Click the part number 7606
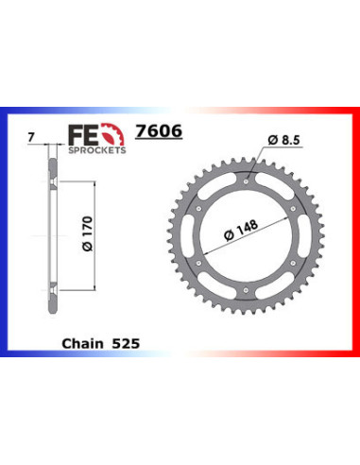pyautogui.click(x=159, y=130)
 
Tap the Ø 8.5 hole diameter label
pyautogui.click(x=283, y=140)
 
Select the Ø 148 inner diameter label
pyautogui.click(x=241, y=230)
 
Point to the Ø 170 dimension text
pyautogui.click(x=88, y=233)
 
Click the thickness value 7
pyautogui.click(x=31, y=137)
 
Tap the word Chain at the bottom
pyautogui.click(x=82, y=343)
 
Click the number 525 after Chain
pyautogui.click(x=126, y=343)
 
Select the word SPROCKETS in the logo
pyautogui.click(x=97, y=150)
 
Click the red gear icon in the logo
pyautogui.click(x=112, y=134)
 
